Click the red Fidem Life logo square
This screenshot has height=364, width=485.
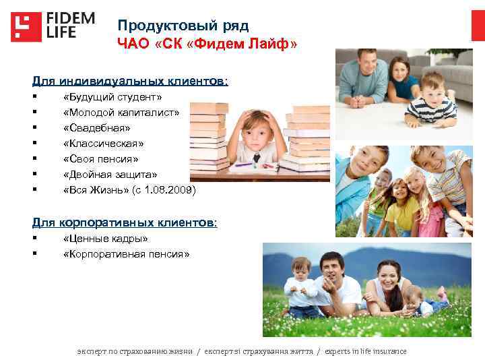point(26,27)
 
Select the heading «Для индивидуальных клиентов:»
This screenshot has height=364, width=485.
point(130,81)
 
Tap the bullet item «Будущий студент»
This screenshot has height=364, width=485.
point(112,98)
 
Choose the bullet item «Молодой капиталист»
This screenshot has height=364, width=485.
point(121,113)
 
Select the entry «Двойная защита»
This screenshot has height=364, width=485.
point(110,175)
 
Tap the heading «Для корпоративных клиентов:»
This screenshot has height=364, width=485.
point(125,222)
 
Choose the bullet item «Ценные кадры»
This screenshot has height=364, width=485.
point(105,239)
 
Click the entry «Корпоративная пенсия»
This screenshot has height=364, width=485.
point(126,254)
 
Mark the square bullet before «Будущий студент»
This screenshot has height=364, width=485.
point(34,98)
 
